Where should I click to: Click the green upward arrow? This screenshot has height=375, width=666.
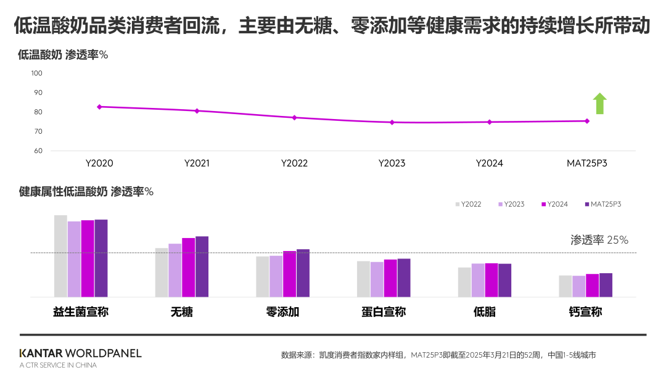(x=599, y=104)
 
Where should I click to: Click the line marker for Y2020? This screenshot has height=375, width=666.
(x=99, y=107)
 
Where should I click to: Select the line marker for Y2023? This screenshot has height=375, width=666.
(x=392, y=122)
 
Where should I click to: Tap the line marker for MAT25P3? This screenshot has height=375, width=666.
(x=586, y=121)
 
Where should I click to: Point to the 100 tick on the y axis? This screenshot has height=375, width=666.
(x=36, y=73)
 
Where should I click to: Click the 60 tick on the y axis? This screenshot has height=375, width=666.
(x=38, y=151)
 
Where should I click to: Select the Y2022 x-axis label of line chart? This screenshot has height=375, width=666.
(x=294, y=163)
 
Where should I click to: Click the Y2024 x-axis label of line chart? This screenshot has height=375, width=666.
(x=489, y=163)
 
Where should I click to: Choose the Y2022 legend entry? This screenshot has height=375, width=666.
(x=469, y=204)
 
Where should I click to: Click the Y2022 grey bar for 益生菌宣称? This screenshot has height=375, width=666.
(x=60, y=256)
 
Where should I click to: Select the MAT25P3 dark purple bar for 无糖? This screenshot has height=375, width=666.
(x=202, y=266)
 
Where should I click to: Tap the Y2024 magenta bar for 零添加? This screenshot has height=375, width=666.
(x=289, y=274)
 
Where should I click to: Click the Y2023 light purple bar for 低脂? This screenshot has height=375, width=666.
(x=478, y=280)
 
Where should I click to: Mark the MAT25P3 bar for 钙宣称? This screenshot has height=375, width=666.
(x=606, y=285)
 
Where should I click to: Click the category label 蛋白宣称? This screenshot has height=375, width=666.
(x=384, y=312)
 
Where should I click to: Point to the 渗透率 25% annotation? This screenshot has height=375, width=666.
(x=599, y=241)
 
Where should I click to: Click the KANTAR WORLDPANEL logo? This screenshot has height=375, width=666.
(x=80, y=353)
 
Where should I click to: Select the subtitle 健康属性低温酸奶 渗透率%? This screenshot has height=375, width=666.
(x=86, y=192)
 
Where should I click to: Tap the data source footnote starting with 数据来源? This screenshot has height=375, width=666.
(x=438, y=355)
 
